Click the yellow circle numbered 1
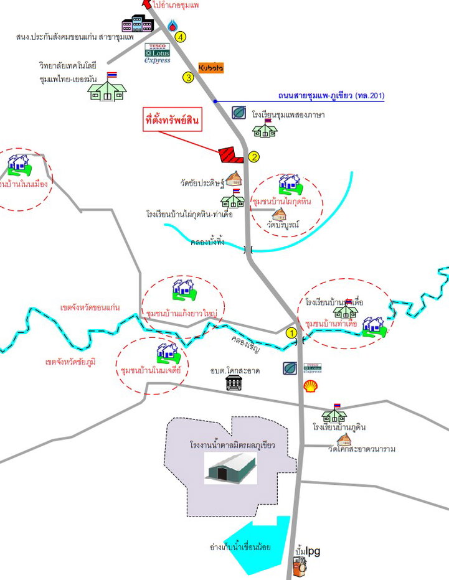[291, 332]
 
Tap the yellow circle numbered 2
[253, 157]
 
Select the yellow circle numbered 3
[187, 78]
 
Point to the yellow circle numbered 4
[181, 37]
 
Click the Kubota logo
[210, 67]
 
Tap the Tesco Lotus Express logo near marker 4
[158, 54]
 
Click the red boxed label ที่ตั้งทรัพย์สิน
[172, 120]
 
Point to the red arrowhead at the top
[147, 4]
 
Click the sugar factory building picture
[230, 468]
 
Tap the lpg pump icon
[300, 567]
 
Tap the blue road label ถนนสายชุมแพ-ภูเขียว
[331, 96]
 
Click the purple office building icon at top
[137, 24]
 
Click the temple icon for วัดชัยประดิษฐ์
[234, 179]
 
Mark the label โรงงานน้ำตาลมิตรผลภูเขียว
[233, 446]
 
